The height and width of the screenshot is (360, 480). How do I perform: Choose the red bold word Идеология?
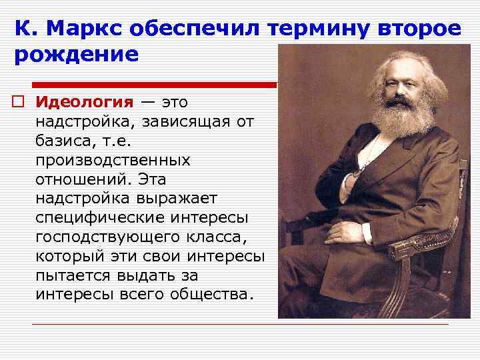coord(85,102)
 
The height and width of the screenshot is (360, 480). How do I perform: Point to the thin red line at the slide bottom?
coord(240,325)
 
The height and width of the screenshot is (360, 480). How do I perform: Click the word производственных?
coord(113,161)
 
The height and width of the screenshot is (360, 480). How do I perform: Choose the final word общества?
coord(217,294)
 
